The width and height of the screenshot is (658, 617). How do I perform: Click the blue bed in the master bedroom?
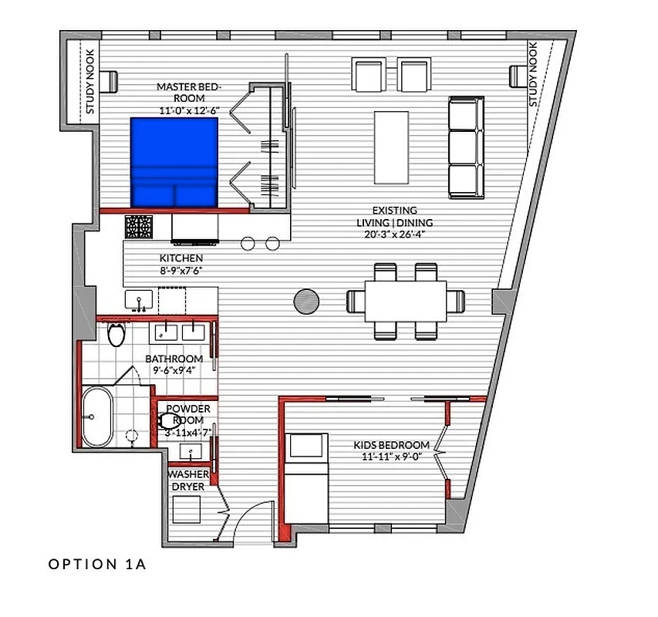[x=174, y=162]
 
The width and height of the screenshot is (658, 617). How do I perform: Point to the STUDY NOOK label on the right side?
[x=533, y=75]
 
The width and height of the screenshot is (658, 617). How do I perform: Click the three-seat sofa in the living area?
[x=466, y=147]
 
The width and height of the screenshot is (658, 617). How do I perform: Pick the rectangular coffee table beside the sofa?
[x=392, y=147]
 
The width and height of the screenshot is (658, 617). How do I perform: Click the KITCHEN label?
[x=181, y=258]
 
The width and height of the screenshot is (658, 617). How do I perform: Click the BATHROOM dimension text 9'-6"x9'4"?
[x=174, y=370]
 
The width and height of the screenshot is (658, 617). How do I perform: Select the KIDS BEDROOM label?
[x=391, y=445]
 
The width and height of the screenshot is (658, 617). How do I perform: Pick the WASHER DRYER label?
[x=188, y=480]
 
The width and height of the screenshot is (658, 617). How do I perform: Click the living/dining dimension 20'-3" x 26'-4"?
[x=394, y=234]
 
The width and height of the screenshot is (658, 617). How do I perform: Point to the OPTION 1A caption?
[x=96, y=565]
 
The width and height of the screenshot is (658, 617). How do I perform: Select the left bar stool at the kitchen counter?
[x=248, y=244]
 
